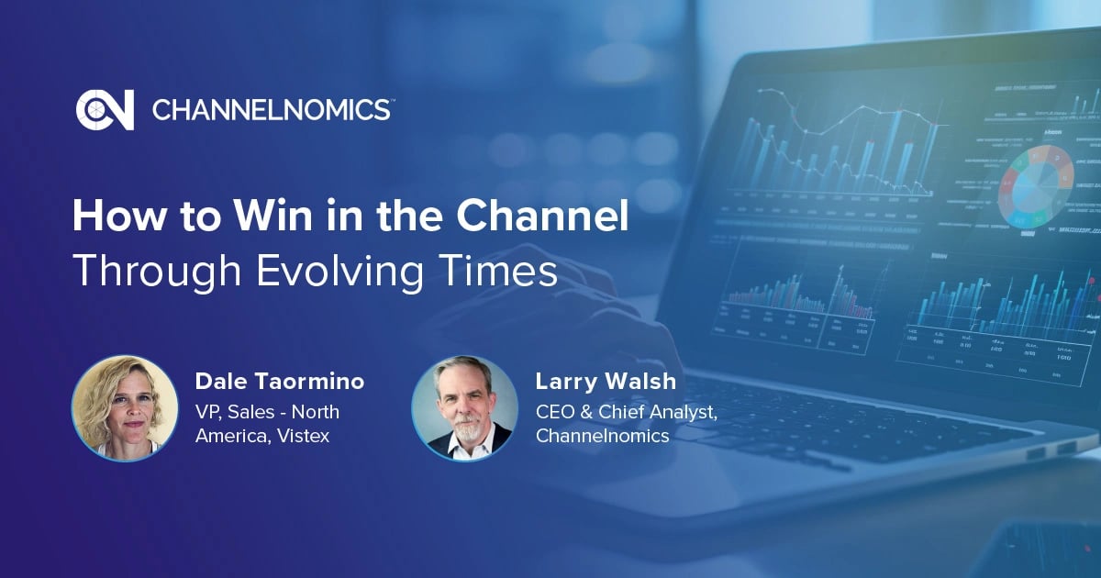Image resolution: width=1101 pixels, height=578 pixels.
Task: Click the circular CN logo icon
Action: click(105, 110)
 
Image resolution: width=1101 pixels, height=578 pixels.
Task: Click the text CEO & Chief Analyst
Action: click(627, 411)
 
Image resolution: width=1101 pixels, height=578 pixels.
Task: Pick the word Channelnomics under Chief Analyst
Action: click(603, 436)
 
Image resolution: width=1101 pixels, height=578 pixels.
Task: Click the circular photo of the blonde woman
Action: click(125, 407)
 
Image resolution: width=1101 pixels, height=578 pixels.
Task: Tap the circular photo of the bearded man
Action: click(464, 407)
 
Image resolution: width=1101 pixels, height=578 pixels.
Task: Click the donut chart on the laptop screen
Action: click(1037, 183)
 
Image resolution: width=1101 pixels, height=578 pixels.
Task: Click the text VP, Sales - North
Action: click(267, 411)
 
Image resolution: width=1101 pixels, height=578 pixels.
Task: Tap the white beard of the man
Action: click(464, 429)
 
